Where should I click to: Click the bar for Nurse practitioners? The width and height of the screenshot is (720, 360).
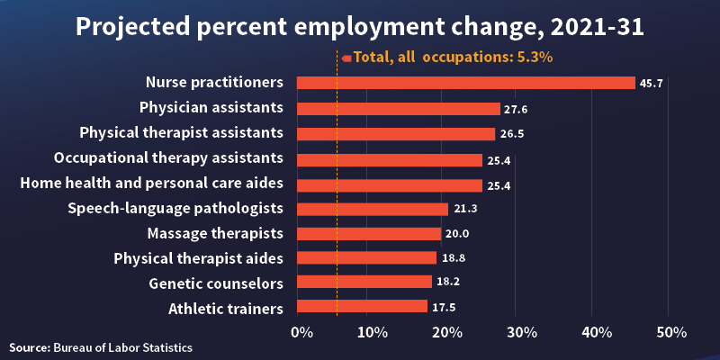(465, 83)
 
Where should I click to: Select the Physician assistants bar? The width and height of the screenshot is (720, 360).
(398, 108)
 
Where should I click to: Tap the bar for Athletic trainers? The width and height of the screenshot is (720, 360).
(362, 306)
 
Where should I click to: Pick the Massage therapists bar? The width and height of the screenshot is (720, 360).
(369, 234)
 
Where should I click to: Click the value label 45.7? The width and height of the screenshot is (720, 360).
(651, 83)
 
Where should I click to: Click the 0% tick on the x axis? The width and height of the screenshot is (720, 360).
(303, 332)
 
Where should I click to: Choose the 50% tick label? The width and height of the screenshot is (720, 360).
(670, 332)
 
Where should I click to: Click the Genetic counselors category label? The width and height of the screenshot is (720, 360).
(216, 283)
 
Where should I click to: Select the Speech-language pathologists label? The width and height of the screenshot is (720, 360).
(175, 208)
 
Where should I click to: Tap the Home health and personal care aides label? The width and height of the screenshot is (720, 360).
(152, 183)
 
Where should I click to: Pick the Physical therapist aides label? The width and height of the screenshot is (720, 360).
(198, 258)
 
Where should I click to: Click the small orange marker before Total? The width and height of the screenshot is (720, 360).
(346, 57)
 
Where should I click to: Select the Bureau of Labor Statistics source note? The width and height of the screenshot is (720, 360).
(101, 346)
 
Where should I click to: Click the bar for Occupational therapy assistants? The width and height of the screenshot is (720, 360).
(389, 159)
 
